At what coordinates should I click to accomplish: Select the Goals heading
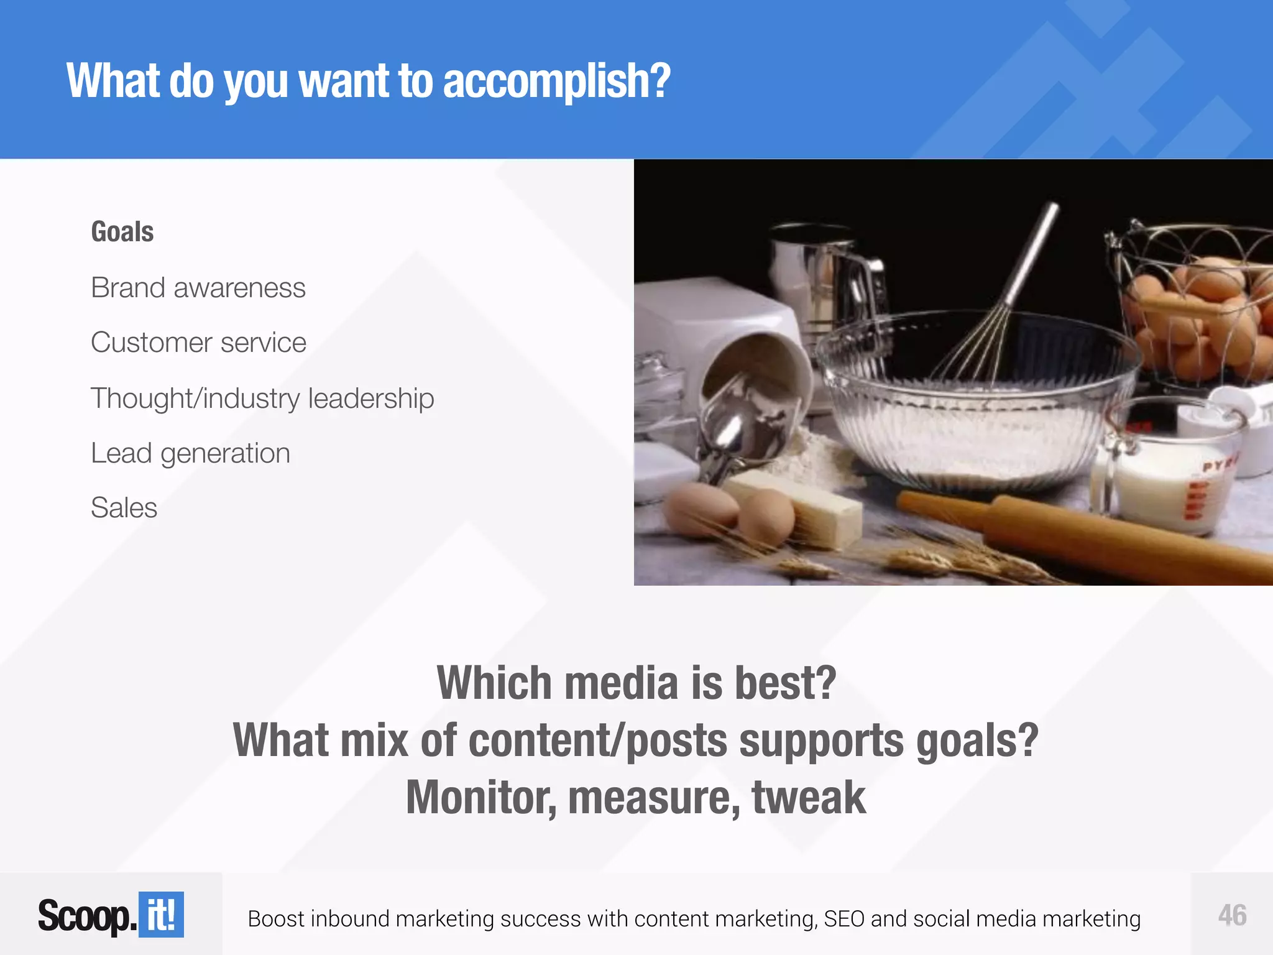click(122, 232)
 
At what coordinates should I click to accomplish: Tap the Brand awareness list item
click(198, 288)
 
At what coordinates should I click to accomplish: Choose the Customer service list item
click(198, 343)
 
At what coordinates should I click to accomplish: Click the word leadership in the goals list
click(371, 398)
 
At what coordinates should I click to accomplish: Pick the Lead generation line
click(190, 453)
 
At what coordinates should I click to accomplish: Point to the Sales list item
click(124, 507)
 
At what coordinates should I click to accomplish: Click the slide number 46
click(1232, 915)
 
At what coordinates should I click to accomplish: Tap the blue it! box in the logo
click(161, 915)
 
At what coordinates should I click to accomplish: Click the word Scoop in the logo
click(86, 916)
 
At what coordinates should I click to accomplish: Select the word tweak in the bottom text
click(808, 798)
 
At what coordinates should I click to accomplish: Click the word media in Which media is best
click(621, 683)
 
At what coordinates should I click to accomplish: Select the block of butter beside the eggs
click(808, 507)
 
